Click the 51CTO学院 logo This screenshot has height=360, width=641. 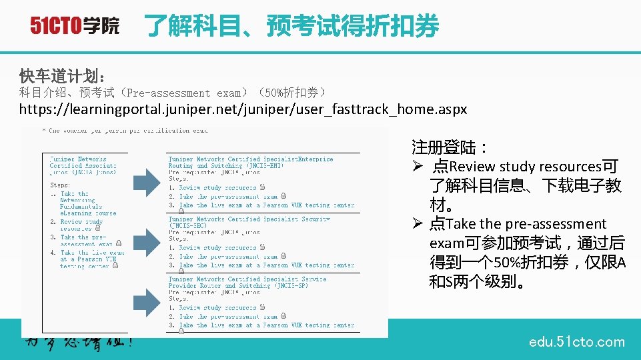(x=74, y=26)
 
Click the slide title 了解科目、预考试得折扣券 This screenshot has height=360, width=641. (x=291, y=26)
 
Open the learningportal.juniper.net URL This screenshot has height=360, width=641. (x=243, y=109)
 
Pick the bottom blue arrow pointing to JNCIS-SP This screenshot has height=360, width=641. (x=147, y=298)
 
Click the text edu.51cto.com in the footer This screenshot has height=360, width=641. (x=576, y=342)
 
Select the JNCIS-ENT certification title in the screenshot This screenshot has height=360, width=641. (x=250, y=162)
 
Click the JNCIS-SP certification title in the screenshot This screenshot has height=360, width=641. (x=247, y=282)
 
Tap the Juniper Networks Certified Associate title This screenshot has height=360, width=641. (x=83, y=165)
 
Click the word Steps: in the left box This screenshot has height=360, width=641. (x=61, y=185)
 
